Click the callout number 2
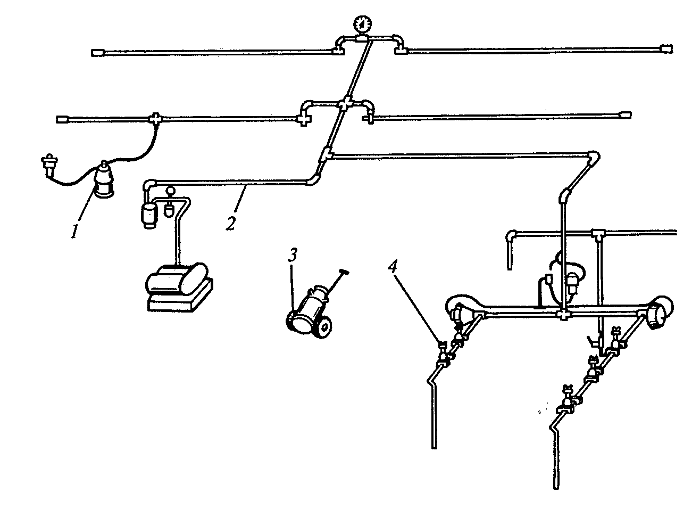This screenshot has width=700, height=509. click(230, 223)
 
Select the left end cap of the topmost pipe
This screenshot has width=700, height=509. click(96, 52)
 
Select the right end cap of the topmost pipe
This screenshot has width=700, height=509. click(666, 48)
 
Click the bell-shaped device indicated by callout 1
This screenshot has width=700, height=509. click(105, 180)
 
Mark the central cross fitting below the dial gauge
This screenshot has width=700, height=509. click(345, 103)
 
